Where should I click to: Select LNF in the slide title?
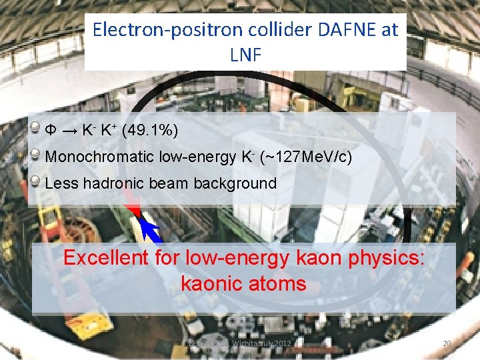coord(245,55)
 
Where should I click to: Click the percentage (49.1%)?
coord(150,129)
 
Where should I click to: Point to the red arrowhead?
coord(135,211)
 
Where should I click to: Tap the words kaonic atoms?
coord(243,284)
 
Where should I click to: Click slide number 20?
coord(447,343)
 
